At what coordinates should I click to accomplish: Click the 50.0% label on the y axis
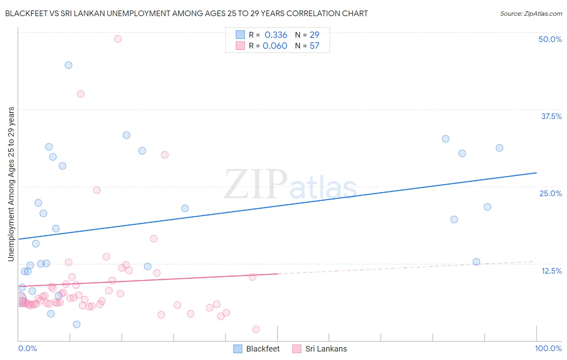550,39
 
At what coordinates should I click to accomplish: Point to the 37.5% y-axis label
551,116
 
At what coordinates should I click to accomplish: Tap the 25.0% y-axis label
550,193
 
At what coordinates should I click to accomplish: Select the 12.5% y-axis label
551,271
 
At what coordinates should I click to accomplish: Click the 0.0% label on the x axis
27,348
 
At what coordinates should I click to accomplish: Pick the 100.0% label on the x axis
548,348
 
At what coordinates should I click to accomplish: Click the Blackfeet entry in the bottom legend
263,349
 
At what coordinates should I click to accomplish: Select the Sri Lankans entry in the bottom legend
326,349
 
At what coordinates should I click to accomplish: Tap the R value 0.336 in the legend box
276,35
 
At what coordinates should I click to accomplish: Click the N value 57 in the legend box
315,46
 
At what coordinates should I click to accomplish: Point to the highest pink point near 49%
118,39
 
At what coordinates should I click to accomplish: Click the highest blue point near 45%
69,65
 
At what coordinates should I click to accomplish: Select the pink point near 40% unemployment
81,94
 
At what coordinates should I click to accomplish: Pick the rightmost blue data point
499,148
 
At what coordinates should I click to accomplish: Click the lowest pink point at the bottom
256,329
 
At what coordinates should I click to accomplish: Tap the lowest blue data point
77,324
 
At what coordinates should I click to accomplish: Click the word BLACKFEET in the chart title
26,13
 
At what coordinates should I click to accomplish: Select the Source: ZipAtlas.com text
531,14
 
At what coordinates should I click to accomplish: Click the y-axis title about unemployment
11,184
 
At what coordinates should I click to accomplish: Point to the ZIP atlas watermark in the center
290,184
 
